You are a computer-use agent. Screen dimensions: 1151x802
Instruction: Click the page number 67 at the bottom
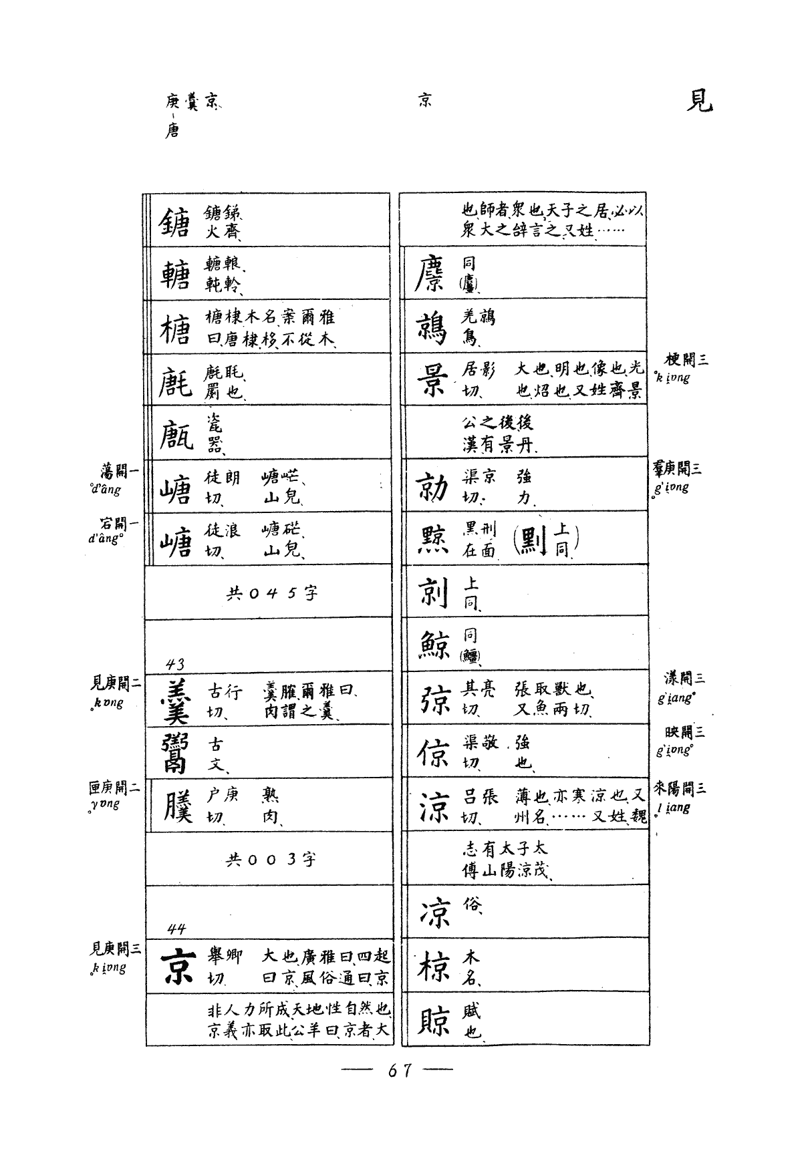pos(399,1070)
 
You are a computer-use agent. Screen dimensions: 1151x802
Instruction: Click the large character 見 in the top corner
pos(699,101)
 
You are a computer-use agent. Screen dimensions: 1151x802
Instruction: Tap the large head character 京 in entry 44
pos(176,967)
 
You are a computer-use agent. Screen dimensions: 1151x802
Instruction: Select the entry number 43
pos(175,664)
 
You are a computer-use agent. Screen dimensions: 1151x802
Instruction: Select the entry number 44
pos(176,929)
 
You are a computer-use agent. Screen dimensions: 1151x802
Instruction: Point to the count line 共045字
pos(272,593)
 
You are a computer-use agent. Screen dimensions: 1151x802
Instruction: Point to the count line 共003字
pos(271,859)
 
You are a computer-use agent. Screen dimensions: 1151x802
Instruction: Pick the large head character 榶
pos(174,328)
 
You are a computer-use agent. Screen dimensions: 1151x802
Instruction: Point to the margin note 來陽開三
pos(680,788)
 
